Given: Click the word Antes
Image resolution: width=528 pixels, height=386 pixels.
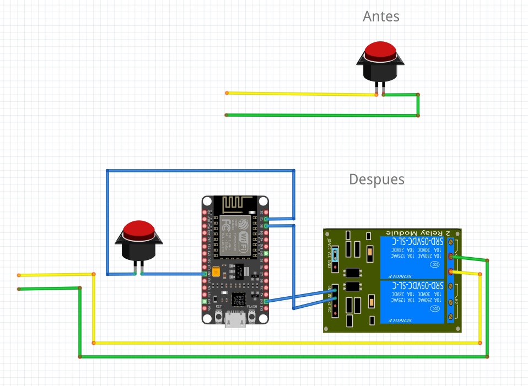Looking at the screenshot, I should pyautogui.click(x=381, y=17).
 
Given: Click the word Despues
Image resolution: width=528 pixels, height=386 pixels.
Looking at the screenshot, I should pyautogui.click(x=376, y=180).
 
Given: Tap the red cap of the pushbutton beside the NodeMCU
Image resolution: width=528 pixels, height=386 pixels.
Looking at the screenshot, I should pyautogui.click(x=138, y=230).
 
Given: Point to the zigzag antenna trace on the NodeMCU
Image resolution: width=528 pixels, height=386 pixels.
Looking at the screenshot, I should pyautogui.click(x=235, y=204).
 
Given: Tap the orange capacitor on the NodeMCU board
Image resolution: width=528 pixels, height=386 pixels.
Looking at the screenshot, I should pyautogui.click(x=217, y=271).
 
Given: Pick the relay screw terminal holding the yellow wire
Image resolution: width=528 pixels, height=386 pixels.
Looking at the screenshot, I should pyautogui.click(x=451, y=271).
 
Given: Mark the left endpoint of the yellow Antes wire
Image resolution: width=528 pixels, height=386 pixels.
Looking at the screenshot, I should pyautogui.click(x=227, y=93).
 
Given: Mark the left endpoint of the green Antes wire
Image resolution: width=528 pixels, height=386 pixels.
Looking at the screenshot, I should pyautogui.click(x=227, y=115).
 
